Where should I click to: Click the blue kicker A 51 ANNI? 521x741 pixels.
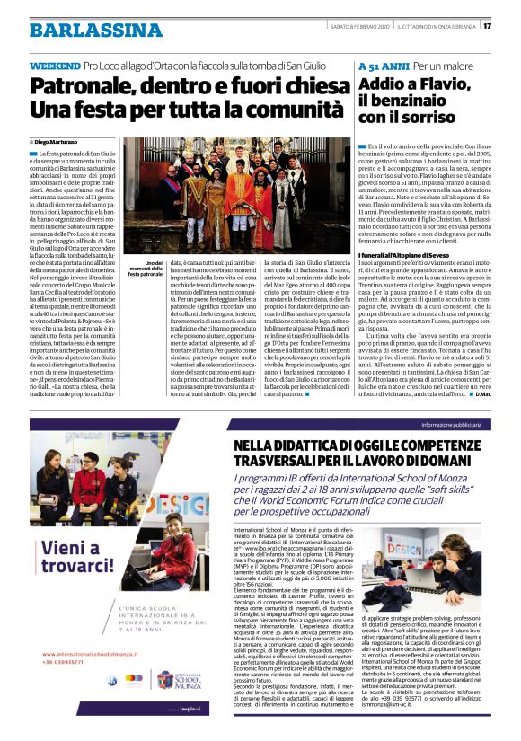383,67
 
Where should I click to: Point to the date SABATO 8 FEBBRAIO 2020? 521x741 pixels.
359,24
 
